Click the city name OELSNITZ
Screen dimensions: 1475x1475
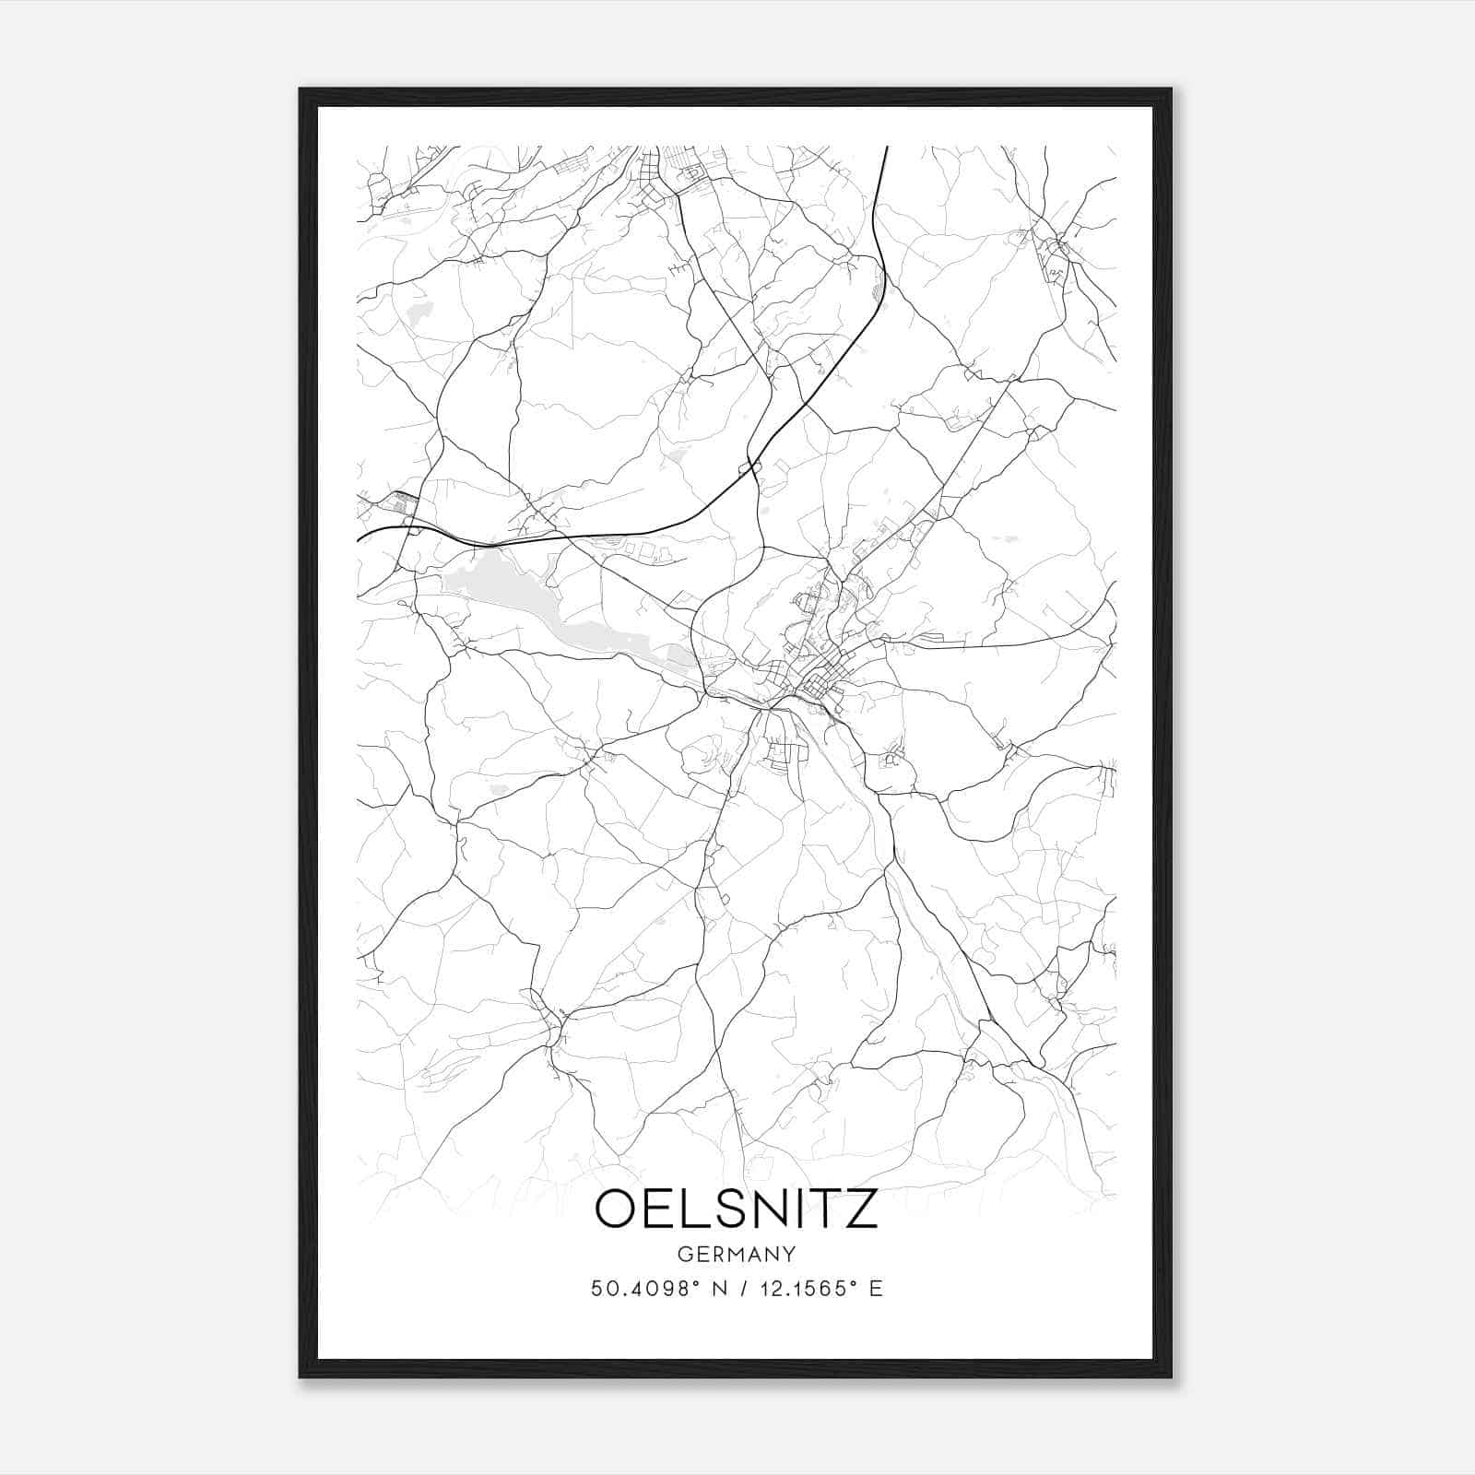tap(737, 1209)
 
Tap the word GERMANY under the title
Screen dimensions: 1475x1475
tap(737, 1255)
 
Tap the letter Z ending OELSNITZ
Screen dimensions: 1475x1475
tap(860, 1209)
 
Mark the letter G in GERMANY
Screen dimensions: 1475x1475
tap(685, 1255)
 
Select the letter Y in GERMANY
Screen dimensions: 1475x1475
tap(788, 1255)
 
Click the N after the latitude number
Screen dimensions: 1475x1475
tap(719, 1288)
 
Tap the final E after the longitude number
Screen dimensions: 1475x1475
tap(876, 1288)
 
